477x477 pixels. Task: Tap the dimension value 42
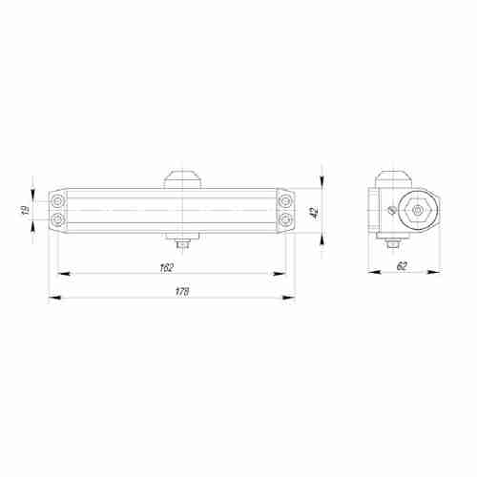point(313,212)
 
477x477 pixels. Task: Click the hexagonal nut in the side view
point(417,212)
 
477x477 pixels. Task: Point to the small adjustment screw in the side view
point(391,212)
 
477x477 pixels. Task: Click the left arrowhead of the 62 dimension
point(373,275)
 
